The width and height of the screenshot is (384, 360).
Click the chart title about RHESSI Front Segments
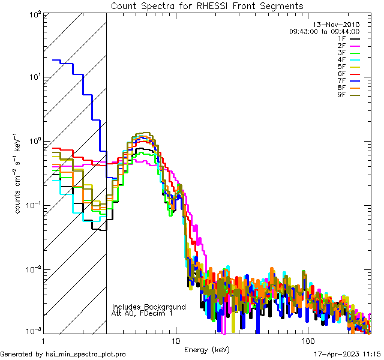pos(207,6)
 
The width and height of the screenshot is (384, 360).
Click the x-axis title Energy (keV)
pos(207,349)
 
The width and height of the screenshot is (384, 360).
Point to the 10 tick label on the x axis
pos(175,340)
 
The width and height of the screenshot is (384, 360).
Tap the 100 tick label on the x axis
pos(307,340)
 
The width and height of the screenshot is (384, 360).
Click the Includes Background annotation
pos(149,307)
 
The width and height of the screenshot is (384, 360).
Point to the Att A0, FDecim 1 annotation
pos(142,313)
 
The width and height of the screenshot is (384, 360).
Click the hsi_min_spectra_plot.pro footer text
pos(63,354)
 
